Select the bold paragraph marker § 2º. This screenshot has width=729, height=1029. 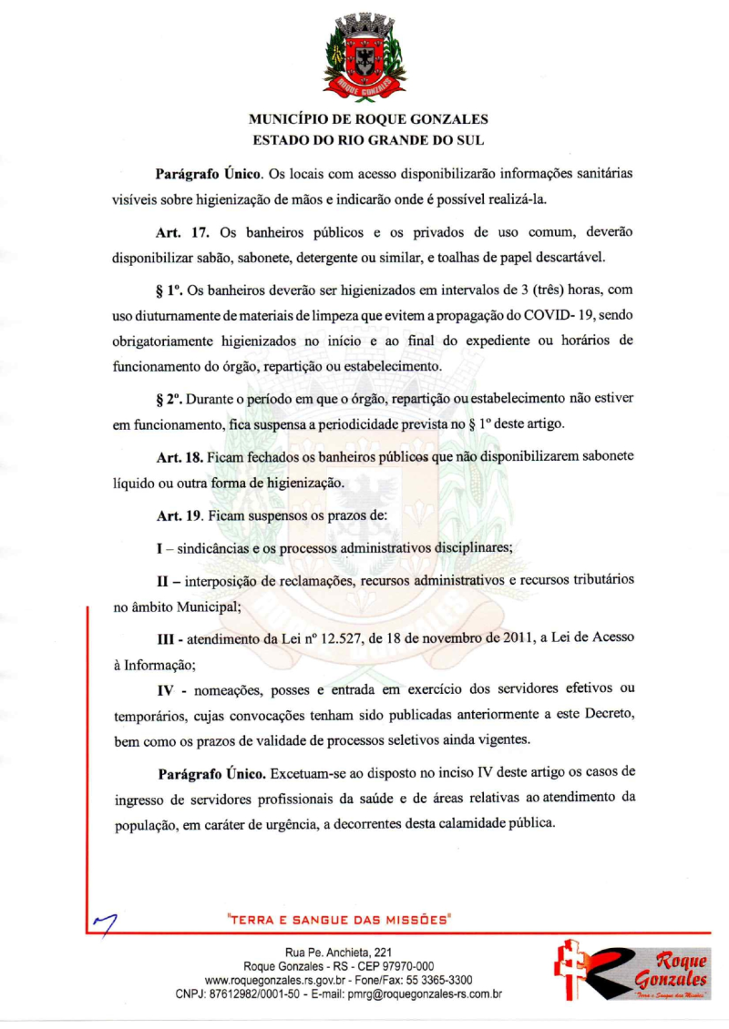171,398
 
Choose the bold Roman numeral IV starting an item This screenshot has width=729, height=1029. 168,691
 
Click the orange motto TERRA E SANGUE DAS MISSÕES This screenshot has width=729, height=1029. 340,920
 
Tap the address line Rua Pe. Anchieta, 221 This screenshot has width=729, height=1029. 338,952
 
